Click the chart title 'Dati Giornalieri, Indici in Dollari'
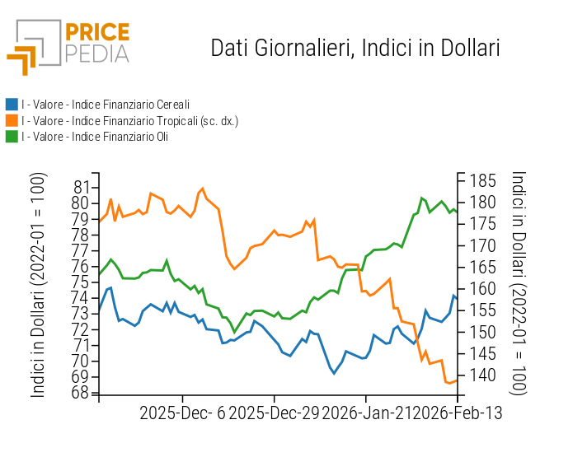pyautogui.click(x=355, y=48)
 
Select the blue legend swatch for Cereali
pyautogui.click(x=12, y=105)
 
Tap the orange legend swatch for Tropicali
pyautogui.click(x=12, y=121)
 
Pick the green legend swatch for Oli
pyautogui.click(x=12, y=137)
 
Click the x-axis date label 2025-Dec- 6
pyautogui.click(x=182, y=413)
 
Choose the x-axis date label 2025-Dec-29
pyautogui.click(x=273, y=413)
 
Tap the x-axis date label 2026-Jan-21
pyautogui.click(x=364, y=413)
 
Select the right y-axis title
pyautogui.click(x=519, y=282)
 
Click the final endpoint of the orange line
pyautogui.click(x=458, y=380)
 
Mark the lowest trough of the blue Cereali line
pyautogui.click(x=335, y=373)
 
